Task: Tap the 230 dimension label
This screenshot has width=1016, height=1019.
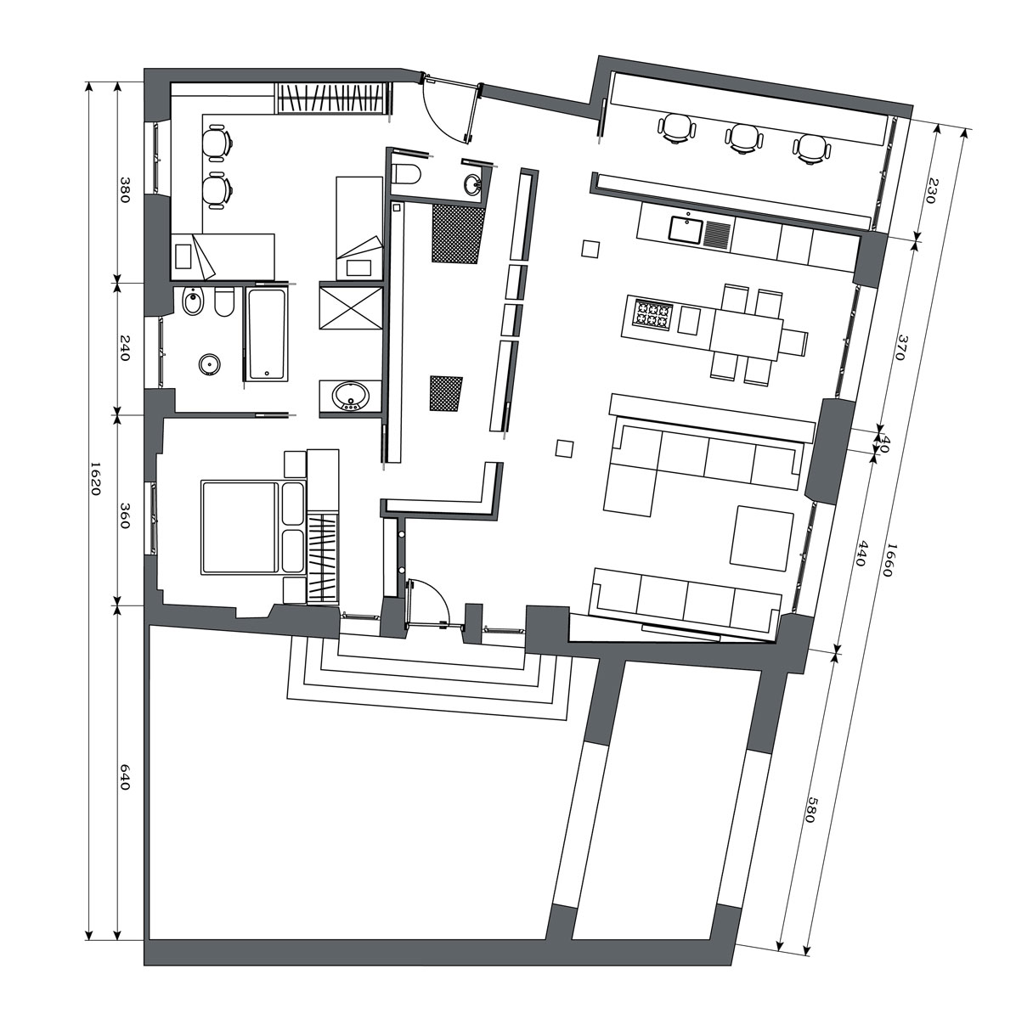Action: click(934, 191)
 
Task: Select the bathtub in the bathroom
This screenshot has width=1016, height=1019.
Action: click(268, 335)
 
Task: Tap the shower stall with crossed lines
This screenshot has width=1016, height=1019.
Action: click(351, 307)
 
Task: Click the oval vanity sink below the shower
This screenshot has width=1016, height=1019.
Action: click(350, 396)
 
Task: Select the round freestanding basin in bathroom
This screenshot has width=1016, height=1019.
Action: click(210, 364)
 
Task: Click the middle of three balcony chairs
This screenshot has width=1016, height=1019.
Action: click(743, 138)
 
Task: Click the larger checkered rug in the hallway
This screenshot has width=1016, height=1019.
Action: click(458, 234)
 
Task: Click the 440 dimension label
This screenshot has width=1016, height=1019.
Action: click(860, 554)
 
